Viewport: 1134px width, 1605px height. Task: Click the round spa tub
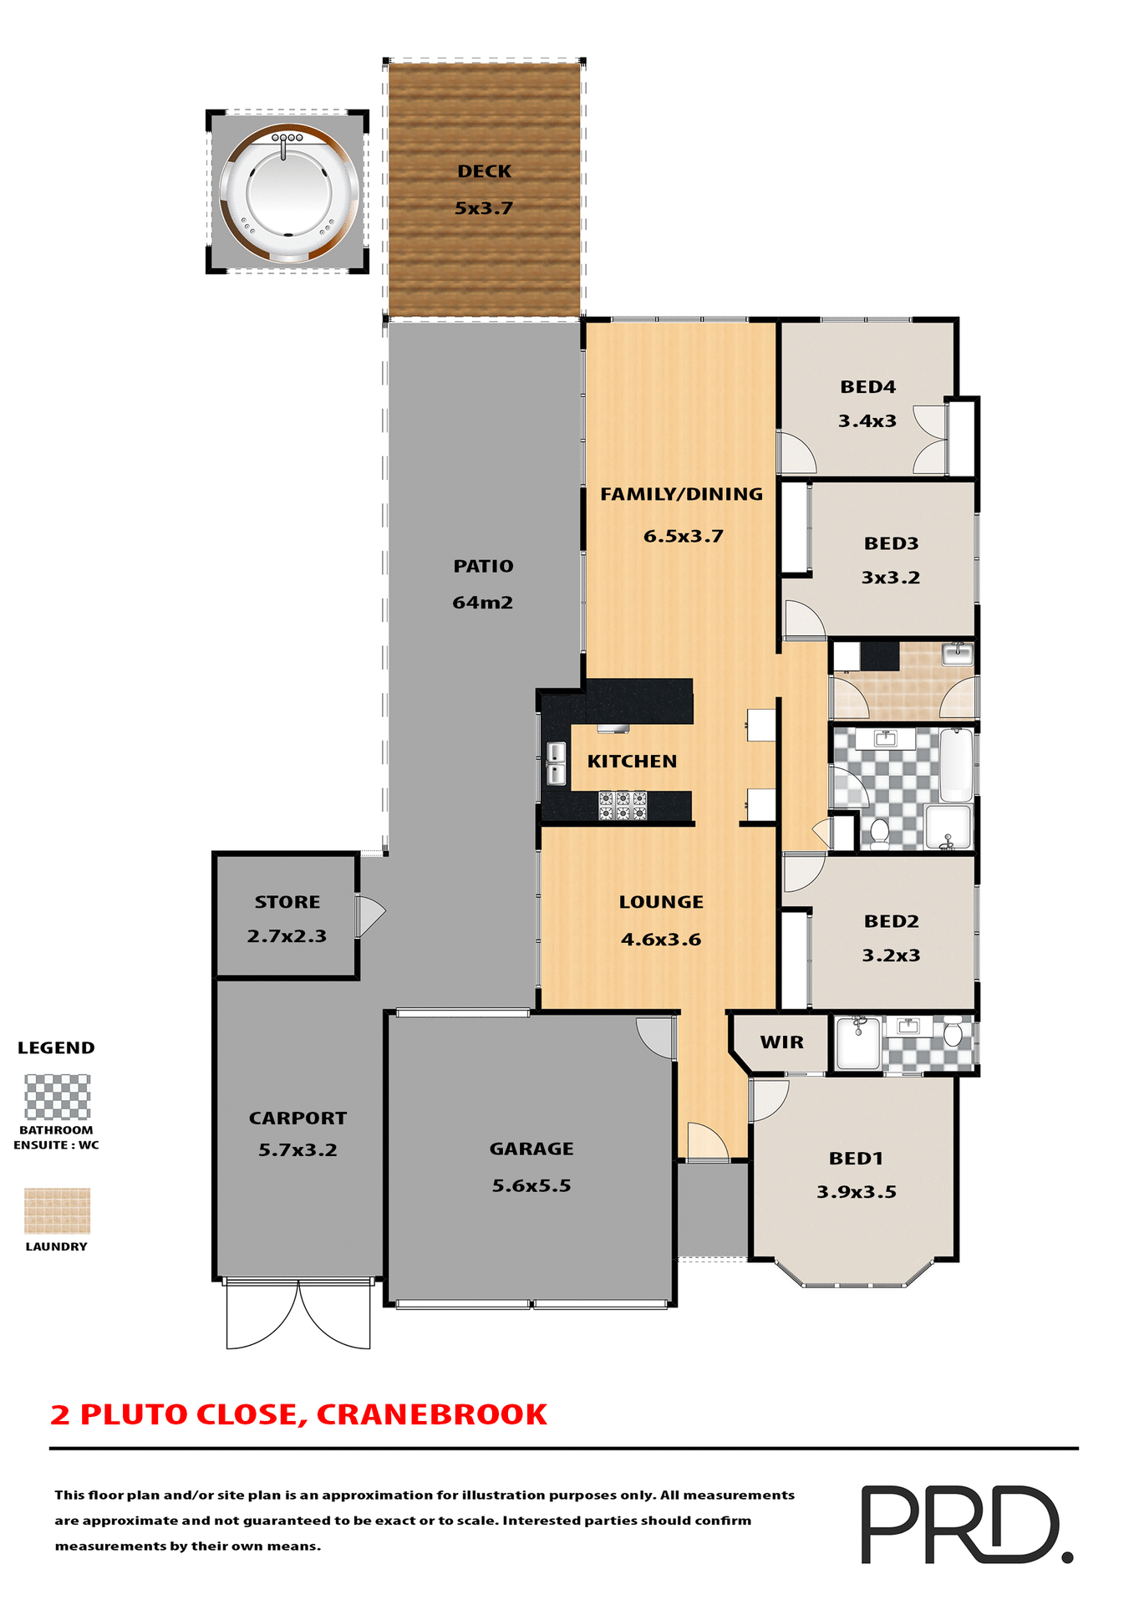point(289,192)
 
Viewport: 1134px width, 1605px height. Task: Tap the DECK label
point(484,171)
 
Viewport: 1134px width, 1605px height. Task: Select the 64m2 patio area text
point(482,603)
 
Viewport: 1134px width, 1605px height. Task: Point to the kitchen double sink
point(556,763)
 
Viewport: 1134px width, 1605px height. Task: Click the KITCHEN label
point(632,762)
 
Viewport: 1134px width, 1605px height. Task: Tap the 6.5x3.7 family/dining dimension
point(683,537)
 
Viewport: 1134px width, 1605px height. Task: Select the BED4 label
point(867,387)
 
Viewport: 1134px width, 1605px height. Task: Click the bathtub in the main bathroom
point(956,765)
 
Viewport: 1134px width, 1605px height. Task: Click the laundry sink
point(958,653)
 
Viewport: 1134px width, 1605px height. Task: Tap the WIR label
point(781,1042)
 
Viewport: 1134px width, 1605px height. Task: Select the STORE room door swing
point(369,916)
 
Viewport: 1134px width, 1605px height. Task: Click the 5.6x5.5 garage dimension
point(531,1186)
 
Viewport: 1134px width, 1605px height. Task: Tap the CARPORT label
point(297,1118)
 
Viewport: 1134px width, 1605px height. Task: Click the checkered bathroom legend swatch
point(57,1097)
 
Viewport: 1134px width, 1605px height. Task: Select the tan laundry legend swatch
point(57,1210)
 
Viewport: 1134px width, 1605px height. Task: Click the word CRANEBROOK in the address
point(431,1414)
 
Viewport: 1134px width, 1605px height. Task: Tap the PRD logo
point(966,1524)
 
